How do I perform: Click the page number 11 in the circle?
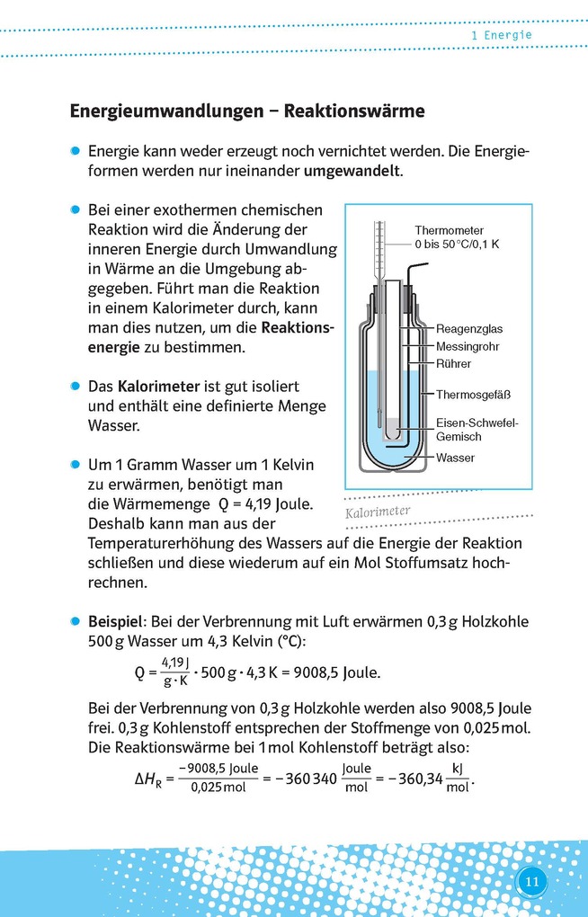click(531, 881)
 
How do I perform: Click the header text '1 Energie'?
click(502, 35)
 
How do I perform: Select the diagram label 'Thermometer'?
click(449, 230)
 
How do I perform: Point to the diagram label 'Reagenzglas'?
click(468, 329)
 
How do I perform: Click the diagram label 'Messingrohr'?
click(468, 346)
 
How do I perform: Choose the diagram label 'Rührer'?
click(453, 364)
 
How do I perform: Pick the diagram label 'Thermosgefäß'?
click(473, 394)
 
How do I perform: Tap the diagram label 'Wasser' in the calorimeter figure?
click(455, 458)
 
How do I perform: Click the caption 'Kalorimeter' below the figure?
click(378, 512)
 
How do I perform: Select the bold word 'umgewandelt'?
click(352, 170)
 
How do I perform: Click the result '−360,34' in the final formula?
click(414, 779)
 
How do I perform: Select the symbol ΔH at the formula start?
click(147, 779)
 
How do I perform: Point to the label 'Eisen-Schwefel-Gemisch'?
click(477, 430)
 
